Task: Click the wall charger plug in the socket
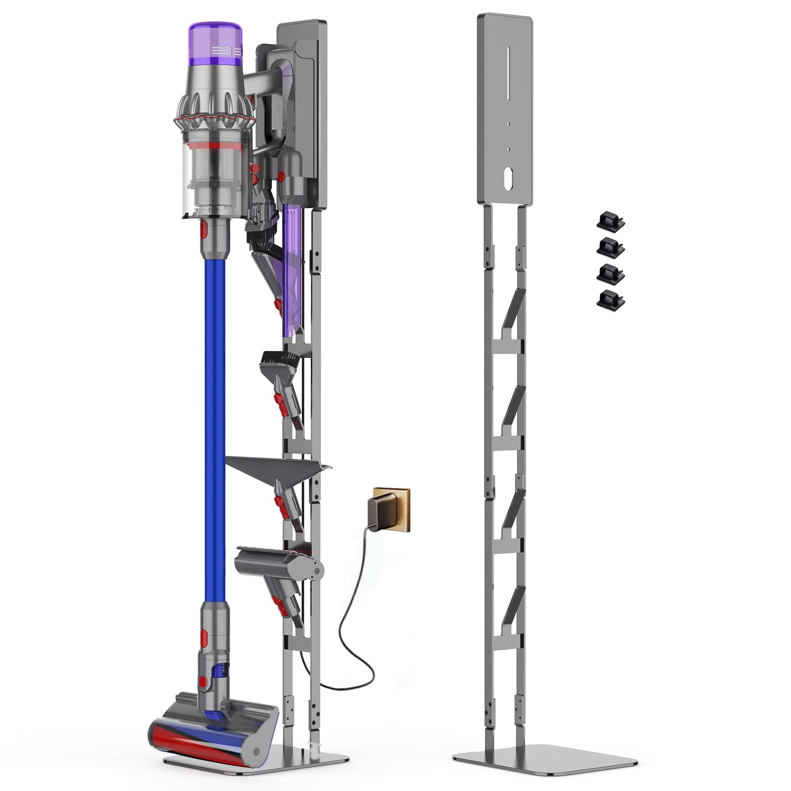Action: pos(381,509)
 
